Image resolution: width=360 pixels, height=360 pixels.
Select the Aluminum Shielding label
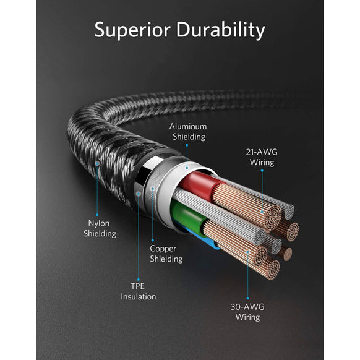click(x=187, y=132)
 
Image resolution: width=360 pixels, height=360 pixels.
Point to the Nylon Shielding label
click(x=100, y=229)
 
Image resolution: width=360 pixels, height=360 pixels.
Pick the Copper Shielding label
click(x=166, y=254)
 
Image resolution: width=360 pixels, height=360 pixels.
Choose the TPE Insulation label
click(x=138, y=291)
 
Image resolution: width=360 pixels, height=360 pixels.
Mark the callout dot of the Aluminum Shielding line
click(x=186, y=165)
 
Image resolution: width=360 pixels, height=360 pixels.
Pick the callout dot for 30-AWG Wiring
click(x=248, y=253)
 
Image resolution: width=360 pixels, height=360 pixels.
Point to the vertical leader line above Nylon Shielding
click(x=97, y=192)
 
